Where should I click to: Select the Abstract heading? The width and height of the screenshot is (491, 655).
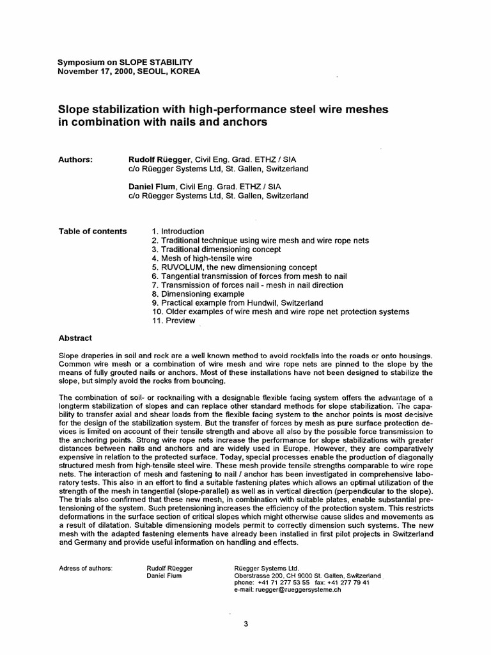pos(75,338)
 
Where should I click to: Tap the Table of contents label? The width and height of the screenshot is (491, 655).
pos(93,231)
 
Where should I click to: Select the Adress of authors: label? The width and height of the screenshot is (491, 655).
pos(86,568)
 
